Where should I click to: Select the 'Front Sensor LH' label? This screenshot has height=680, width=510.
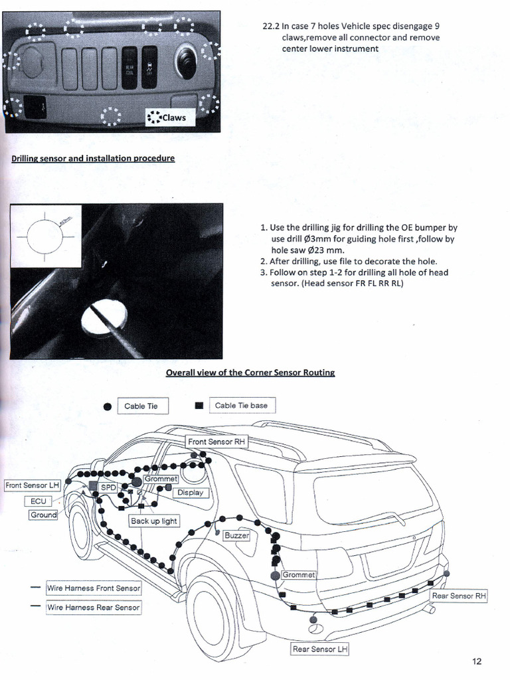tap(33, 485)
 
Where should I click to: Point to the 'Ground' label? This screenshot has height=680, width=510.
tap(43, 515)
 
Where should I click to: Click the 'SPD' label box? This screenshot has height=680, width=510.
tap(108, 487)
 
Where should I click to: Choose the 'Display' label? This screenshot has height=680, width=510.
tap(190, 493)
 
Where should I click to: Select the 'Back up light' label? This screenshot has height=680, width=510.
tap(154, 521)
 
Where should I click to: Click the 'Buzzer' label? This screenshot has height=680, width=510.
tap(236, 535)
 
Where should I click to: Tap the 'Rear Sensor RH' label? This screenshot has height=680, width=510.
tap(459, 596)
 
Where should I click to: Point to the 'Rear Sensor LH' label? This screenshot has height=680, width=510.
tap(319, 649)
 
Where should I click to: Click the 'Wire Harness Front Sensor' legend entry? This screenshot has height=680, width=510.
tap(93, 588)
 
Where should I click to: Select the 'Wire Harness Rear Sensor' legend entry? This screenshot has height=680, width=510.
tap(93, 607)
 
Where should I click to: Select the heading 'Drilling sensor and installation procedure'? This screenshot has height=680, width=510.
tap(93, 159)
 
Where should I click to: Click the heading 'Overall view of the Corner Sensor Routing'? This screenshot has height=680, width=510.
tap(250, 373)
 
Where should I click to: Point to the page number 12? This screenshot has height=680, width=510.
tap(477, 661)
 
